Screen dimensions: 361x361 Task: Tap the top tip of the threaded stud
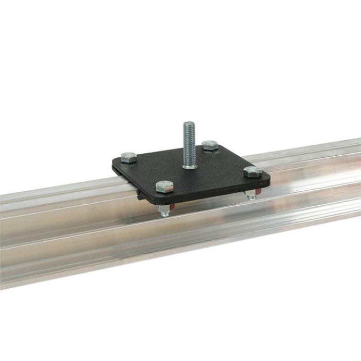[x=189, y=123]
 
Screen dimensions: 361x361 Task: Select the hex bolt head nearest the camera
[x=164, y=187]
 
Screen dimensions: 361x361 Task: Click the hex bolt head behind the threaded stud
[x=210, y=145]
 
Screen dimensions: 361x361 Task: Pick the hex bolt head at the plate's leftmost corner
[x=128, y=157]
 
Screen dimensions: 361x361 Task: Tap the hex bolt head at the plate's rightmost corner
[x=253, y=172]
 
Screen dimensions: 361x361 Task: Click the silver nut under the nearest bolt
[x=163, y=208]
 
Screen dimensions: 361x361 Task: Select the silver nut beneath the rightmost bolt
[x=251, y=194]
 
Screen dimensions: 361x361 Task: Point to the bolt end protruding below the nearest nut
[x=163, y=214]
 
